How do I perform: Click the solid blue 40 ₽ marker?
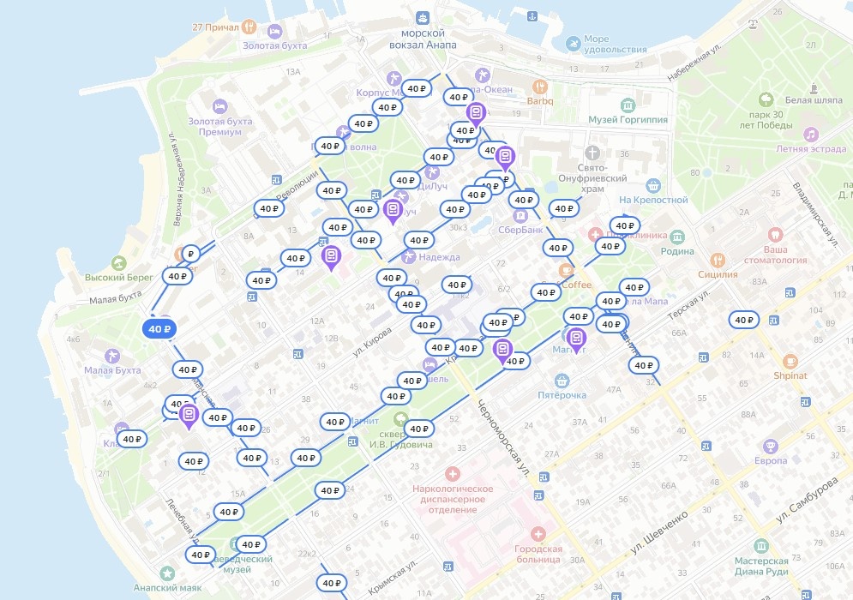(x=159, y=328)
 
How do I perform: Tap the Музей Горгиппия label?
(x=628, y=120)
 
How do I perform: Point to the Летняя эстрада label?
(x=803, y=148)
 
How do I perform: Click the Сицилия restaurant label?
(x=718, y=274)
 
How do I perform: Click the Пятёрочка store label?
(x=562, y=395)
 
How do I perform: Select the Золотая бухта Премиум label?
(x=219, y=126)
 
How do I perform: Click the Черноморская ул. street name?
(x=502, y=438)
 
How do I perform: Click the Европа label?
(x=770, y=460)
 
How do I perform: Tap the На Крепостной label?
(x=653, y=200)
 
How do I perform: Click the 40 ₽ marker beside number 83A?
(x=742, y=320)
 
